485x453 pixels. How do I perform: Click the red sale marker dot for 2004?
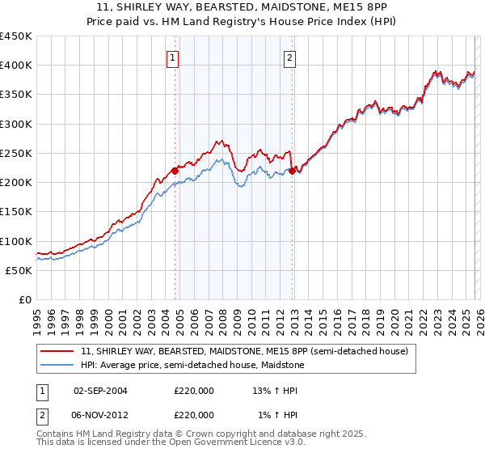pyautogui.click(x=175, y=171)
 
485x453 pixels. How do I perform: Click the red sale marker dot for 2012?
pyautogui.click(x=292, y=171)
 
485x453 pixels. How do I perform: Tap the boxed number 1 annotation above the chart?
pyautogui.click(x=173, y=57)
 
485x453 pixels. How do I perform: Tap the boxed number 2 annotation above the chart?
pyautogui.click(x=289, y=57)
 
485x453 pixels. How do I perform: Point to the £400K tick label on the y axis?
pyautogui.click(x=15, y=66)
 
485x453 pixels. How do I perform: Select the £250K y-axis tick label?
pyautogui.click(x=15, y=154)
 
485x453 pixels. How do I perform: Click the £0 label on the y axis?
pyautogui.click(x=24, y=300)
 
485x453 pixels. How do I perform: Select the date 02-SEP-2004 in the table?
pyautogui.click(x=100, y=390)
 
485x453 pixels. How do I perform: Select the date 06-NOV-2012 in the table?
pyautogui.click(x=100, y=414)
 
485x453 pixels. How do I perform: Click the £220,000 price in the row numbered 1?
pyautogui.click(x=193, y=390)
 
